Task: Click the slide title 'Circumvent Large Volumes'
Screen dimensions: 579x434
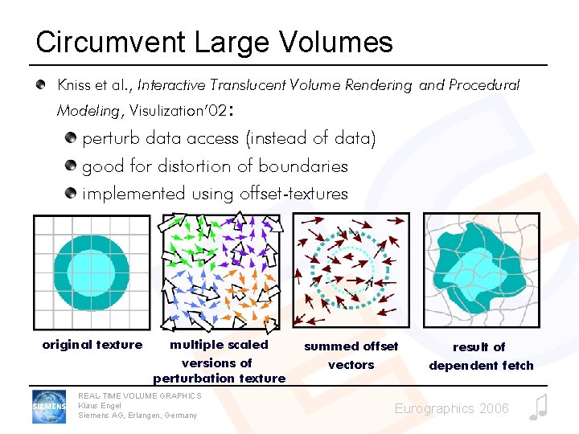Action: (214, 43)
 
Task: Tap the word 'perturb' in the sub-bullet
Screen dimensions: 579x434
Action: (111, 139)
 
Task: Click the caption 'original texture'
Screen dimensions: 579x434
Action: (92, 345)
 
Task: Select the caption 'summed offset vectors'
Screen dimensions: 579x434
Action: (351, 355)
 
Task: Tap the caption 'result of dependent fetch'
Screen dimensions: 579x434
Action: (481, 356)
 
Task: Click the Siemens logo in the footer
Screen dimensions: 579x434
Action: (50, 406)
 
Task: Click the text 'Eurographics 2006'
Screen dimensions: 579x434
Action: (451, 409)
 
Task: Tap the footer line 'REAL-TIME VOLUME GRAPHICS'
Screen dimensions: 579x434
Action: (140, 395)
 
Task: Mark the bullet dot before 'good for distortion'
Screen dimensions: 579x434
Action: (71, 166)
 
